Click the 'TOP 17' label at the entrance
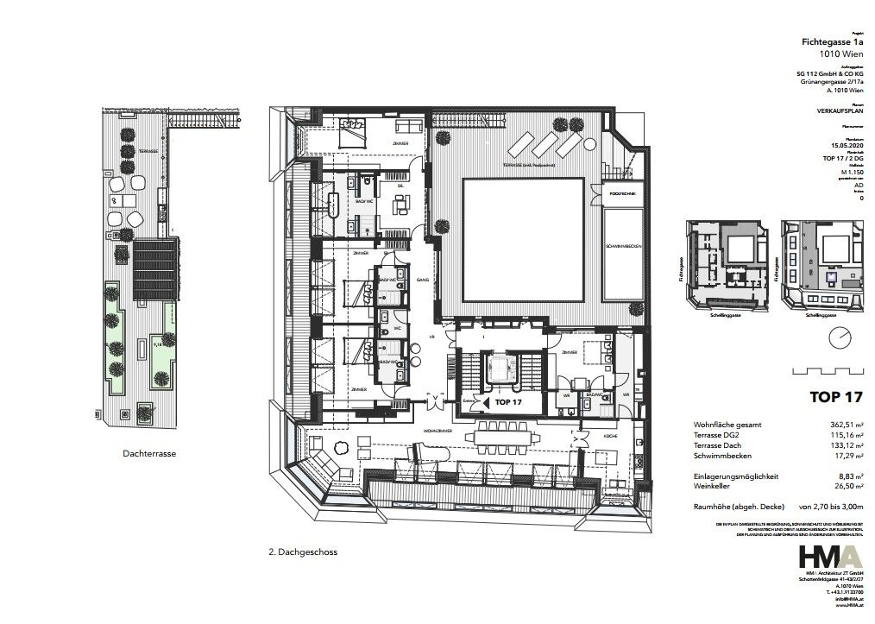[x=508, y=402]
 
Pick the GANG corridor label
[x=424, y=280]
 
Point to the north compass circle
[x=837, y=338]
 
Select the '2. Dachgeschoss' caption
[x=298, y=552]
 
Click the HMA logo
[x=828, y=557]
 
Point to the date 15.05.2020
[x=845, y=147]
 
